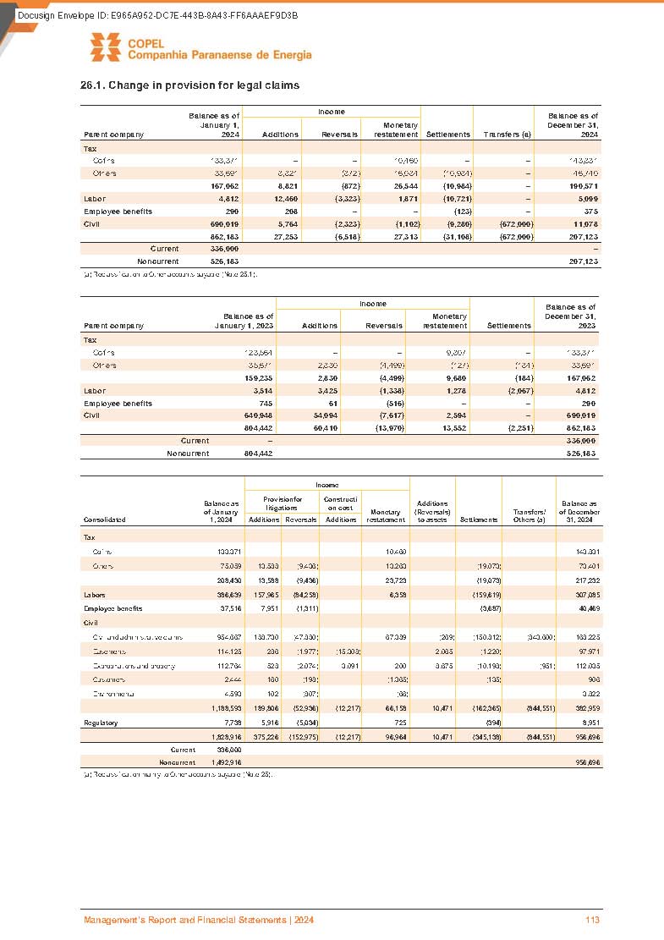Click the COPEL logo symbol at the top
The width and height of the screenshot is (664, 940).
pyautogui.click(x=106, y=49)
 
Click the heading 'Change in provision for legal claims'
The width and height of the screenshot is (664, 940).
pyautogui.click(x=189, y=85)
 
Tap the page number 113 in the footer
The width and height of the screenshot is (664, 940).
pyautogui.click(x=591, y=920)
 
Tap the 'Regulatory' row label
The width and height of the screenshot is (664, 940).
pyautogui.click(x=100, y=723)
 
